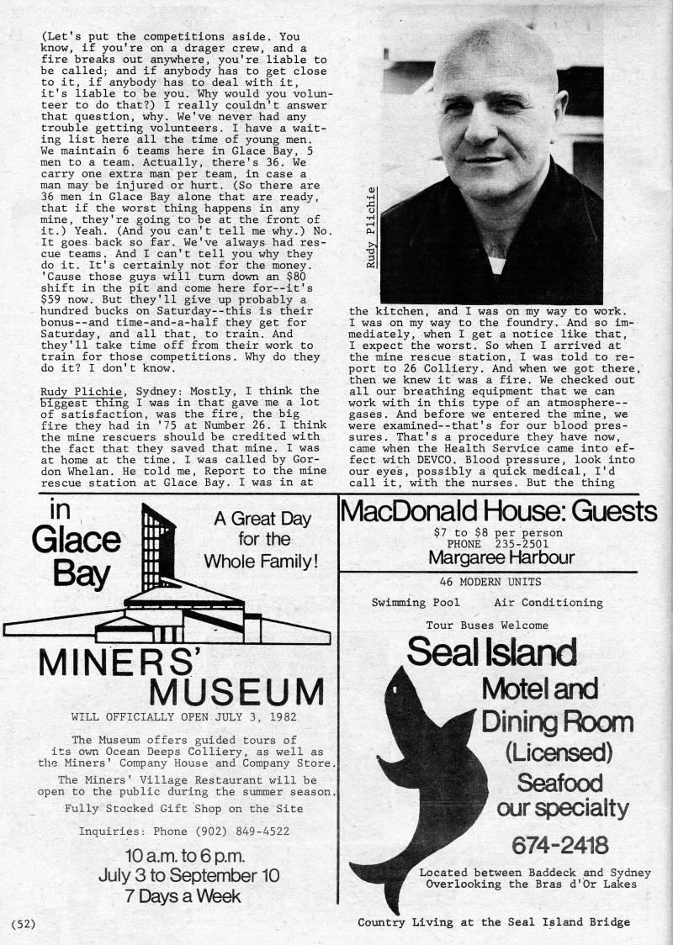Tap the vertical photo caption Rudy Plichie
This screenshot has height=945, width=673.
[x=372, y=227]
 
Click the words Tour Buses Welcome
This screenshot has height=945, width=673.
[x=487, y=625]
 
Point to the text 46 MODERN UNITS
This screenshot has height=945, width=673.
[x=490, y=581]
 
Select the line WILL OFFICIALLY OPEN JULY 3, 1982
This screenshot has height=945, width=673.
[x=167, y=717]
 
